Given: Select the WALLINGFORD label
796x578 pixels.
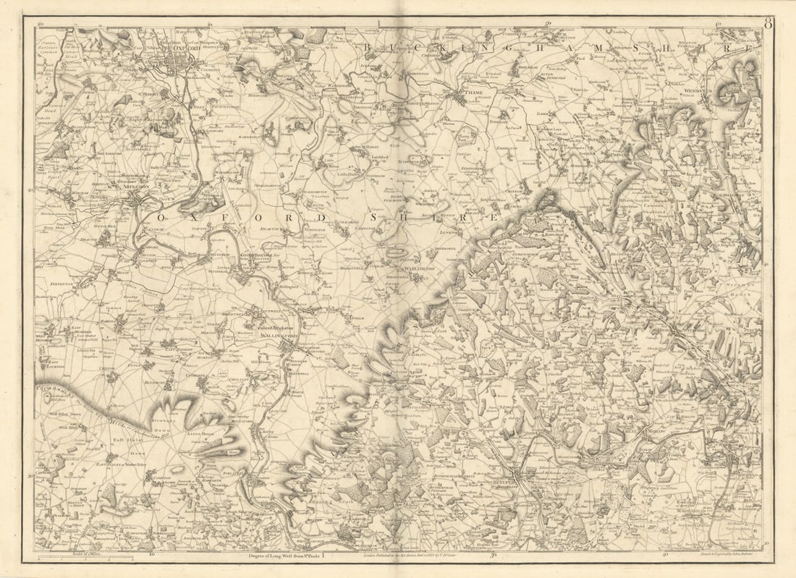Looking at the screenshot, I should click(281, 336).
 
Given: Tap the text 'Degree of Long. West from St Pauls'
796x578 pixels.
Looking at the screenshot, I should click(285, 556).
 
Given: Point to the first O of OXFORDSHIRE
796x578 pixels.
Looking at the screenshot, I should click(162, 217).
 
